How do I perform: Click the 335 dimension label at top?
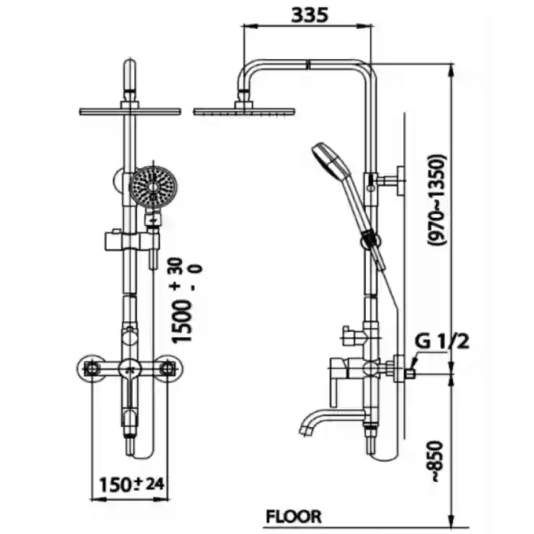tap(310, 15)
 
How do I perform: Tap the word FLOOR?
tap(294, 516)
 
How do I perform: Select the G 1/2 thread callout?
tap(442, 341)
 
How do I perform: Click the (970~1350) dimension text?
tap(437, 201)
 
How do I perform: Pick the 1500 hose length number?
tap(182, 321)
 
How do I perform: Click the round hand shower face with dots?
tap(153, 187)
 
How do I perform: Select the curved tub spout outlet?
tap(328, 421)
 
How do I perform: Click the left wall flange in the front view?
tap(92, 368)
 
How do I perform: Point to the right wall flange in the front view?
tap(167, 368)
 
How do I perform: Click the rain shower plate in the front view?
tap(130, 111)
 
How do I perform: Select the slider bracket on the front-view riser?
tap(132, 240)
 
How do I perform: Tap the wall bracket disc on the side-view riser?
tap(400, 180)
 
